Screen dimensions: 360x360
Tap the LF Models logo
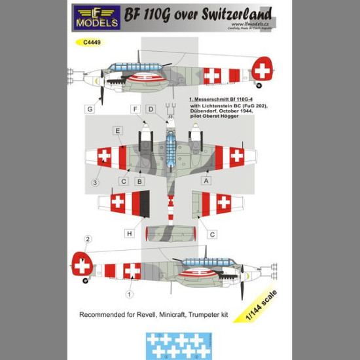[x=97, y=18]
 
